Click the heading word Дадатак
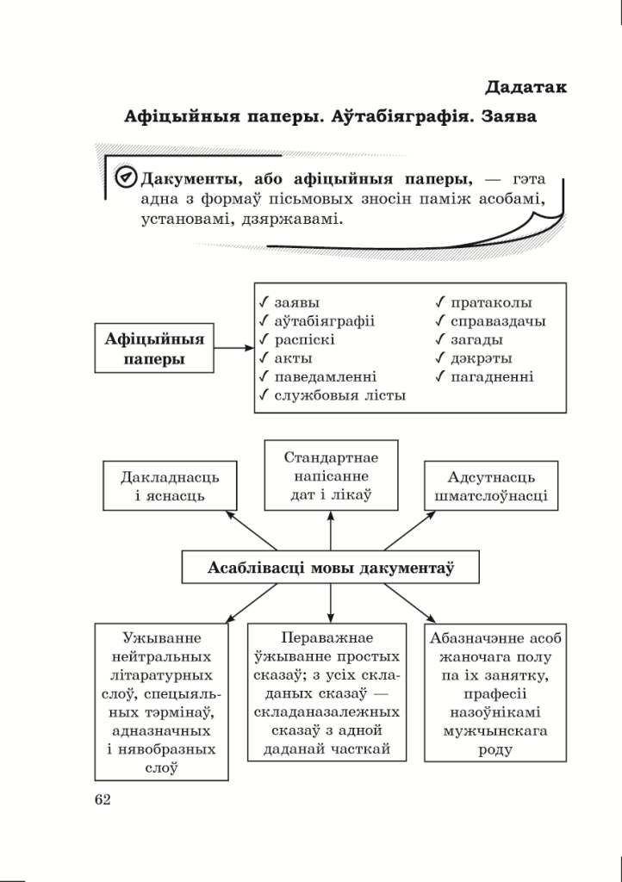(x=526, y=86)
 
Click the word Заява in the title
(x=508, y=116)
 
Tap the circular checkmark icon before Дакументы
(x=126, y=178)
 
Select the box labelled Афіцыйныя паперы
(x=154, y=348)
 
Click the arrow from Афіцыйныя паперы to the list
(x=233, y=348)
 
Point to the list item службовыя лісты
(x=339, y=395)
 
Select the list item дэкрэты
(x=481, y=358)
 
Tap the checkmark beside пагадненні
(x=440, y=376)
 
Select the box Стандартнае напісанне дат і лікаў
(x=331, y=475)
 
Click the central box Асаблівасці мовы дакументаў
(x=331, y=568)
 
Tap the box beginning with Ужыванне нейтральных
(x=162, y=703)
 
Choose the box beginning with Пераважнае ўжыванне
(x=327, y=693)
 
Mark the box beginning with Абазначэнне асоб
(x=488, y=693)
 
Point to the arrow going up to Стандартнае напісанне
(x=331, y=530)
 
